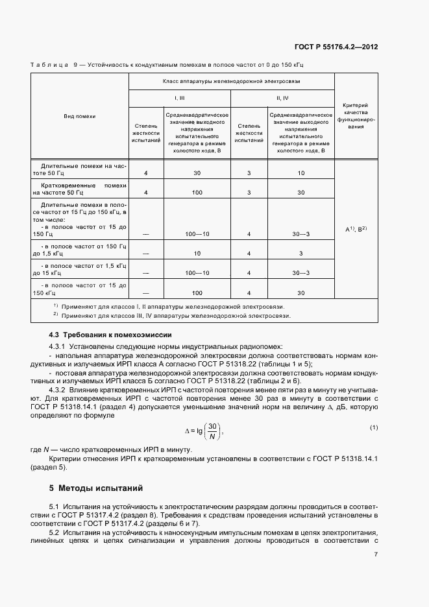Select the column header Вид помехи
[x=79, y=116]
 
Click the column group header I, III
[x=180, y=97]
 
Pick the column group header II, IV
[x=282, y=97]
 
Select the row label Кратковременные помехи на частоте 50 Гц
[x=79, y=189]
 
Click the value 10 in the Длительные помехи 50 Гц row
[x=301, y=173]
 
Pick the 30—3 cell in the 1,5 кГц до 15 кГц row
[x=301, y=273]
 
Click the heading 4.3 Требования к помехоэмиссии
[x=110, y=335]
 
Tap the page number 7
[x=376, y=554]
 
